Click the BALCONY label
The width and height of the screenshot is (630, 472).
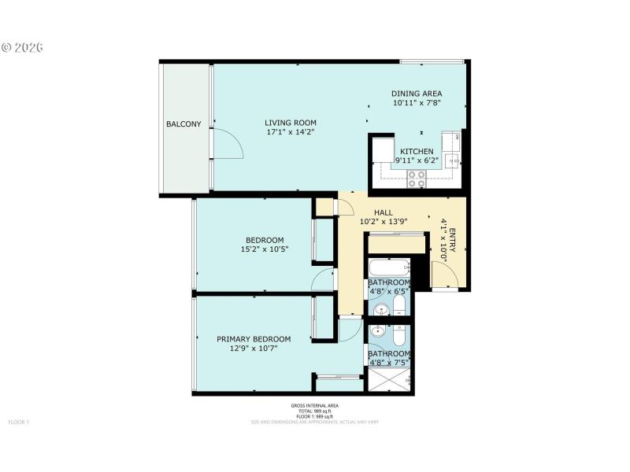183,124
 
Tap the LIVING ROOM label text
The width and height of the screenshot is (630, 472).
291,122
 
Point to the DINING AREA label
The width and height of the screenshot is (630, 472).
417,94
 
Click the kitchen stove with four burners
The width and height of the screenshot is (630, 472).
417,179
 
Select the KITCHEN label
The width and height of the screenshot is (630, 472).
417,151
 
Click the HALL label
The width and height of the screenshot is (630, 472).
384,212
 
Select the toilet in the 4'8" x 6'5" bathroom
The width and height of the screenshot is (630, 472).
399,305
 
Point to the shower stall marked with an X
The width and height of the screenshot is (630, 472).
389,380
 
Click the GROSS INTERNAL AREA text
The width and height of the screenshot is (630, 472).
314,406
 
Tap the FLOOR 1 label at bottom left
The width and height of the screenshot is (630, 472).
19,422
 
